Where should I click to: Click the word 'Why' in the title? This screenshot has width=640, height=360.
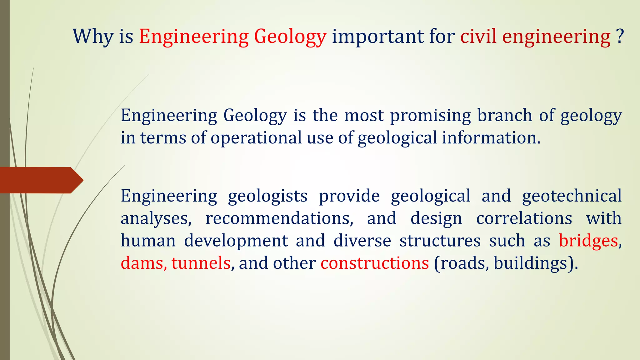(93, 37)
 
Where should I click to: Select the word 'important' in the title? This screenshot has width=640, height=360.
(377, 37)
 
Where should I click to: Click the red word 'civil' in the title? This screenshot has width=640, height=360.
(478, 37)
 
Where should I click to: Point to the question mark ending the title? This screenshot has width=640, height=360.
(620, 37)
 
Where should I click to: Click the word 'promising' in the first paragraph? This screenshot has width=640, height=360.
(430, 115)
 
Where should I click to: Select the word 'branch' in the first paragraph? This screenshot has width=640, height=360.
(504, 115)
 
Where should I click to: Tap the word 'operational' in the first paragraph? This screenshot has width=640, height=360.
(256, 138)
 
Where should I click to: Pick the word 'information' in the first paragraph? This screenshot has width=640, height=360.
(491, 138)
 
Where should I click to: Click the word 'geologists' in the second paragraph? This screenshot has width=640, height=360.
(267, 196)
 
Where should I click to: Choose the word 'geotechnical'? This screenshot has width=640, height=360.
(572, 196)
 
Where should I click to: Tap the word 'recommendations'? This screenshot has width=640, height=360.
(279, 218)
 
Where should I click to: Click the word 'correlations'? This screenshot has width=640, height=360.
(524, 218)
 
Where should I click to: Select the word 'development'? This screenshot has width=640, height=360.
(236, 241)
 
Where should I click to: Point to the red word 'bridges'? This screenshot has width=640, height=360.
(588, 241)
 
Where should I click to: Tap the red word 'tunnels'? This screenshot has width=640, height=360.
(201, 263)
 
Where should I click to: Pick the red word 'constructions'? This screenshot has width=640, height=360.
(374, 263)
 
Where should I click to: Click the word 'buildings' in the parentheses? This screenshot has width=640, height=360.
(530, 263)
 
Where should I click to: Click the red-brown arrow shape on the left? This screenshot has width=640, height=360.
(41, 180)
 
